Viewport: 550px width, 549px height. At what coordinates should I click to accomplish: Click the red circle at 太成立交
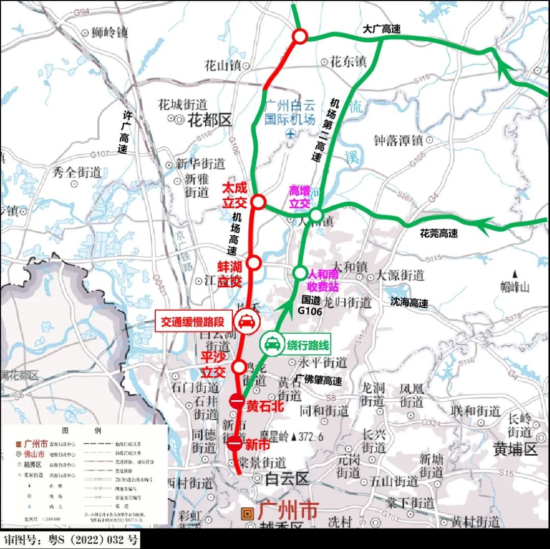click(258, 202)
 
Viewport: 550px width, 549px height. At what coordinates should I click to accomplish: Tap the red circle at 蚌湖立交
click(253, 263)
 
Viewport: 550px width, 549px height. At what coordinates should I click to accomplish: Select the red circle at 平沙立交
click(238, 366)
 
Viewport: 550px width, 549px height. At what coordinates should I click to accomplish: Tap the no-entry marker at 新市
click(234, 444)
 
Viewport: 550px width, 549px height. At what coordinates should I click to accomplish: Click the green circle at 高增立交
click(316, 215)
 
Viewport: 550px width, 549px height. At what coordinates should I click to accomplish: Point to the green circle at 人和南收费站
click(299, 272)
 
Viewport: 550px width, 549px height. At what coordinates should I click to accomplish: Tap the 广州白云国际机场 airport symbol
click(290, 134)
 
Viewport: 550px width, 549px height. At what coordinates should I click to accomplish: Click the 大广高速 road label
click(381, 29)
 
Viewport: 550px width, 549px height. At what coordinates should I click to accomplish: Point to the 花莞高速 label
click(438, 233)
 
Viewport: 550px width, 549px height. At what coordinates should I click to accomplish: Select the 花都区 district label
click(209, 121)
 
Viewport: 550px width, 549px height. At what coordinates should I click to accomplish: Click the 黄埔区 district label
click(515, 450)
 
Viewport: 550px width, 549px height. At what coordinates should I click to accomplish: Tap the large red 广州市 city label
click(288, 510)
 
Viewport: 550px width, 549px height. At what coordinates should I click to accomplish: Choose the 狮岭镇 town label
click(109, 33)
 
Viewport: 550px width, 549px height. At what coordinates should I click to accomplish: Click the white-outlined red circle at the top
click(300, 36)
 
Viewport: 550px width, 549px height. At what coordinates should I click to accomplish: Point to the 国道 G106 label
click(310, 306)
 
